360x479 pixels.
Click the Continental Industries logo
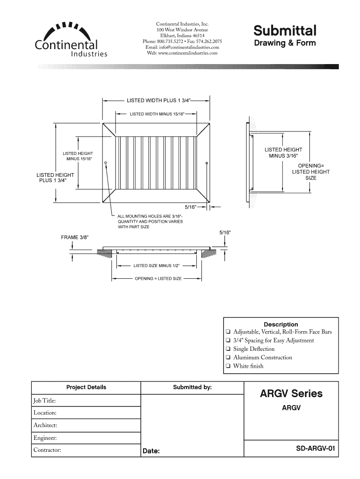coord(70,40)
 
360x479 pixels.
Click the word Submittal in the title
coord(285,31)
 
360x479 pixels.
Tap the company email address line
coord(182,47)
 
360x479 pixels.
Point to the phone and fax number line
coord(182,41)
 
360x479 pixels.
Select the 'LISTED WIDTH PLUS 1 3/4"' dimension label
coord(159,100)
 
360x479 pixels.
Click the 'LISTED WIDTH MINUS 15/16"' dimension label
coord(158,114)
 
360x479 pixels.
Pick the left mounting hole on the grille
coord(106,163)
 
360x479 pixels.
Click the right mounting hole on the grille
coord(207,163)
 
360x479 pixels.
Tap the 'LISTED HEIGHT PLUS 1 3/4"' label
coord(56,178)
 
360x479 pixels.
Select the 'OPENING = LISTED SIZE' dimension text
coord(158,279)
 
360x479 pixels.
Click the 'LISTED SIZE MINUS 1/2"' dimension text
coord(157,266)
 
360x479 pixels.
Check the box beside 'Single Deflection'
coord(227,349)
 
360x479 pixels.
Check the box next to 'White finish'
coord(227,366)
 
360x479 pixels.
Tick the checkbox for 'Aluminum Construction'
coord(227,358)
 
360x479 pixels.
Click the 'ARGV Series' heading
coord(291,393)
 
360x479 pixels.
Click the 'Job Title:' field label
coord(44,401)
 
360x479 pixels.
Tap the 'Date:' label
coord(151,451)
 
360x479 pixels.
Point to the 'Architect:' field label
coord(45,425)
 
